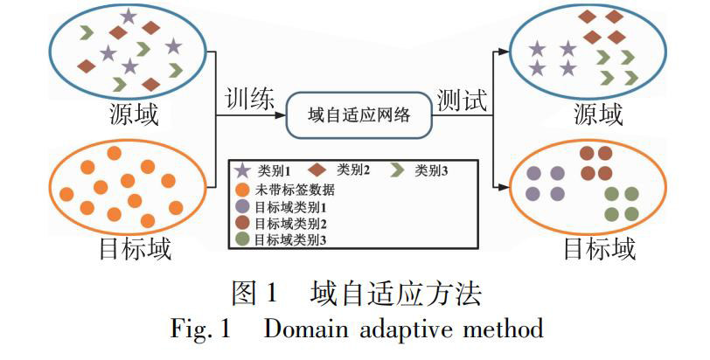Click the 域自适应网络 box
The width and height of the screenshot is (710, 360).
(x=359, y=114)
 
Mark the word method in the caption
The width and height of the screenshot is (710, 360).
(x=508, y=329)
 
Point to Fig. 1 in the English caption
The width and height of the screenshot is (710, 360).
(x=199, y=329)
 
